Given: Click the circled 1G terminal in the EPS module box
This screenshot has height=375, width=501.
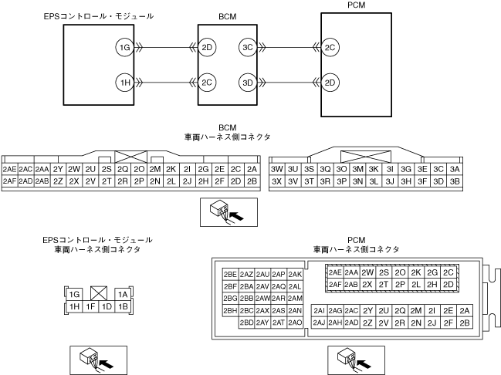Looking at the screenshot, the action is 124,49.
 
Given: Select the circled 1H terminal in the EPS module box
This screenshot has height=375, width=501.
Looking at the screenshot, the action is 124,82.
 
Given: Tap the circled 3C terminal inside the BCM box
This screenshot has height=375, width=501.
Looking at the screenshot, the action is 248,48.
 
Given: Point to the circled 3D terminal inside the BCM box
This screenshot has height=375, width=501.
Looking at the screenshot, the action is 248,82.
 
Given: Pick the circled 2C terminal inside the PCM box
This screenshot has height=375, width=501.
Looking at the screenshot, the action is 330,48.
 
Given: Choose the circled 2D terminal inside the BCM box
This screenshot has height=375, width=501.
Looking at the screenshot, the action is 207,48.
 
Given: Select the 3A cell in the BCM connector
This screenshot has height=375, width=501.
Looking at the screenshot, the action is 455,169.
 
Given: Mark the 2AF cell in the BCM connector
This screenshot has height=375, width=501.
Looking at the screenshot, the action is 10,181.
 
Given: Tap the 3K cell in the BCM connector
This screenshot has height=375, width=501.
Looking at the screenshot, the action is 374,169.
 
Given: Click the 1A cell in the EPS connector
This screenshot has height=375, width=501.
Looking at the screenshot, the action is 122,294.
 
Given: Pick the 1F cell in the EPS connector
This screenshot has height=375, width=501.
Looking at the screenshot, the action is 91,307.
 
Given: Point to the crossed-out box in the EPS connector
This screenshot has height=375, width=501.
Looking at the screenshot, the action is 98,294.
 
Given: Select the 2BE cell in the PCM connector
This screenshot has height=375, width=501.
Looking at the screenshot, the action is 230,274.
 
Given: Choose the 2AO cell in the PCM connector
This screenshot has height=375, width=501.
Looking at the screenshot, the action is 295,323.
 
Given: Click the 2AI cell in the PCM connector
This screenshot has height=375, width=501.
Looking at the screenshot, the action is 319,310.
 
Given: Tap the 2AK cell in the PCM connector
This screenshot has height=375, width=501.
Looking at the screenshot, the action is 295,274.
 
